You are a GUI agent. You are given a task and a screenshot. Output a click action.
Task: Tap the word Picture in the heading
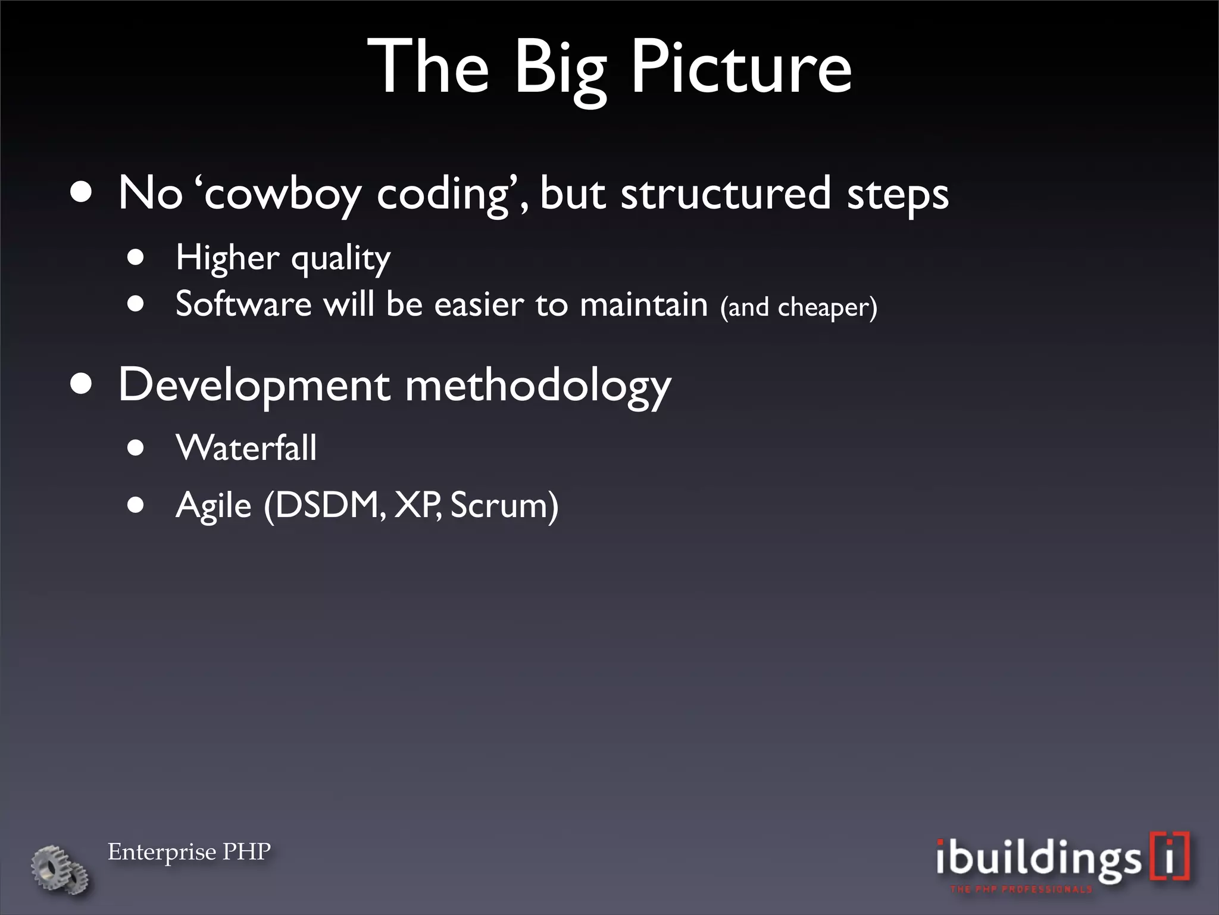[x=740, y=67]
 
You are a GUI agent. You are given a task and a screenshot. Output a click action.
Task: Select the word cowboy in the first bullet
[x=283, y=194]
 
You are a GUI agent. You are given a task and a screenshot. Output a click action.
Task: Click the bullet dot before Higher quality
[x=136, y=257]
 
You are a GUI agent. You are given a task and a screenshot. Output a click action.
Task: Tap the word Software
[x=243, y=304]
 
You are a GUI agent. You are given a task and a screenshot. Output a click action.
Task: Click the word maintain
[x=643, y=304]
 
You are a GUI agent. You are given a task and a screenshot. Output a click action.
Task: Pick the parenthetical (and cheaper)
[x=798, y=307]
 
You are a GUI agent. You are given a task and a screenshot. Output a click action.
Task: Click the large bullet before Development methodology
[x=81, y=384]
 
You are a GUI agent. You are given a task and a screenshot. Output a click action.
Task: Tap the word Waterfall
[x=246, y=447]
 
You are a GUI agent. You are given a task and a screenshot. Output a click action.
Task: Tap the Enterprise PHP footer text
[x=189, y=852]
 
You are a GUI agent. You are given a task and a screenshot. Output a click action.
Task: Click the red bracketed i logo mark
[x=1169, y=855]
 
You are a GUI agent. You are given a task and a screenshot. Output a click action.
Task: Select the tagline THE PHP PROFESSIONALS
[x=1021, y=889]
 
